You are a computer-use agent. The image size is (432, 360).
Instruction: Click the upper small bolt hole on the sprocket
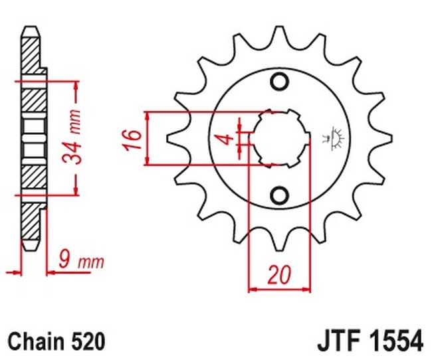tap(279, 82)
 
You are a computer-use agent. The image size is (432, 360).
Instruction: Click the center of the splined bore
tap(280, 137)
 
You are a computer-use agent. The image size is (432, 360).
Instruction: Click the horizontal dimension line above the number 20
tap(279, 289)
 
